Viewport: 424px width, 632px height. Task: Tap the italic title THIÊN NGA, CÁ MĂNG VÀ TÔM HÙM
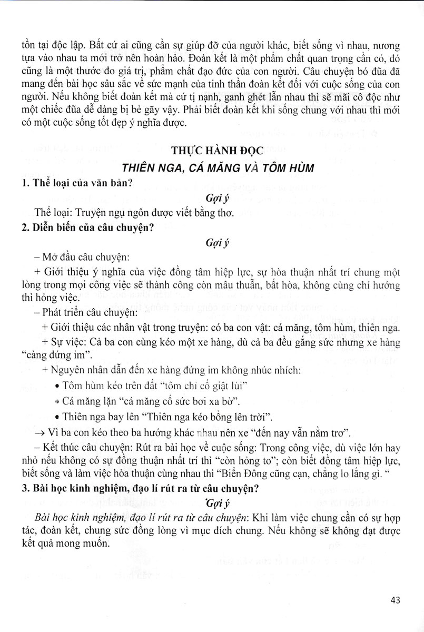(x=218, y=168)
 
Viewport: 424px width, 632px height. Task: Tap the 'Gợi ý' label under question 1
(x=216, y=199)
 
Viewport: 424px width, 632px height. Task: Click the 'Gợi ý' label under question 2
(x=216, y=243)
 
